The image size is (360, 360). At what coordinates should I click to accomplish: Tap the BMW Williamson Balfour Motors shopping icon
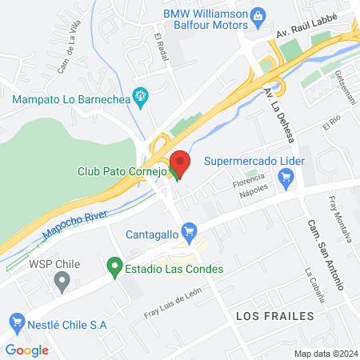[x=258, y=15]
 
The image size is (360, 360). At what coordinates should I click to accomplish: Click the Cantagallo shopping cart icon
[x=189, y=234]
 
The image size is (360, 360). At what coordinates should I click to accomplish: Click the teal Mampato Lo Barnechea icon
[x=141, y=99]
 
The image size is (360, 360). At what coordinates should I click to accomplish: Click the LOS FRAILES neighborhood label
[x=274, y=316]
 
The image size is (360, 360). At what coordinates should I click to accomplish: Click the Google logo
[x=26, y=350]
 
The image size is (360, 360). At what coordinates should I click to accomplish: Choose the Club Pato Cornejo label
[x=119, y=170]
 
